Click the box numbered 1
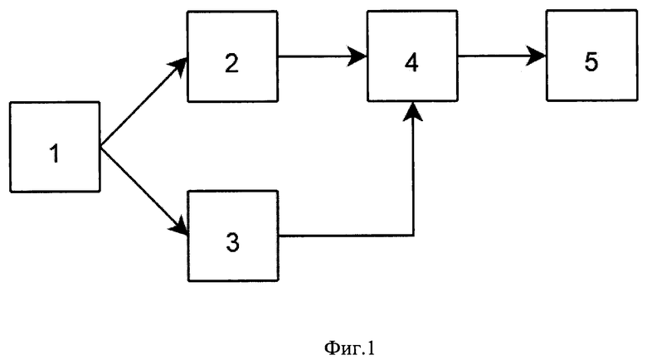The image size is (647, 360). click(x=55, y=147)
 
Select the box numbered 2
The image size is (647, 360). click(x=233, y=56)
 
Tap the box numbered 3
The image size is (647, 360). click(x=233, y=236)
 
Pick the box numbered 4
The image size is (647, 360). click(x=412, y=56)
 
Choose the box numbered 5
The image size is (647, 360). click(x=591, y=56)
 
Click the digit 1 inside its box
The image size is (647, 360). click(x=55, y=153)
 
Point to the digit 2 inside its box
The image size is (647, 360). click(x=231, y=63)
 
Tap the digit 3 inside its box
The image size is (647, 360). click(x=233, y=242)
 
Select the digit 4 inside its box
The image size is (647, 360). click(x=411, y=63)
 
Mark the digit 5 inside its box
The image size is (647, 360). click(x=591, y=62)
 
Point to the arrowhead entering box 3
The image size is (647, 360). click(x=179, y=226)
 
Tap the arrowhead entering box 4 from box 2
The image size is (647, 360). click(x=358, y=56)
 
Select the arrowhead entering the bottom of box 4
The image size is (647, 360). click(x=412, y=111)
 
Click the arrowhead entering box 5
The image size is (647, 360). click(x=537, y=56)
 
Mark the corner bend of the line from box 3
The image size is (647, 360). click(x=412, y=236)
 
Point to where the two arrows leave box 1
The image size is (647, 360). click(x=100, y=147)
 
